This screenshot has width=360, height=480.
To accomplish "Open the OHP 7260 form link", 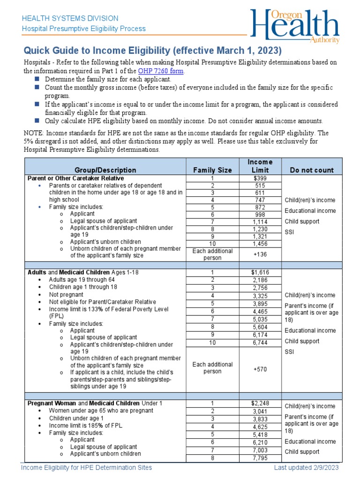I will (x=161, y=71).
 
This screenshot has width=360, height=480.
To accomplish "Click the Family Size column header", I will (x=212, y=170).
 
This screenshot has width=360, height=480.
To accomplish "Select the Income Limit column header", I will (x=260, y=166).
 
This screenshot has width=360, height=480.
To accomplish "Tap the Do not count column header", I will (x=312, y=170).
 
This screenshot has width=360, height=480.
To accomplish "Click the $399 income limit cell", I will (x=260, y=179).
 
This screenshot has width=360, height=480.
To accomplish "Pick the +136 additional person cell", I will (x=260, y=255).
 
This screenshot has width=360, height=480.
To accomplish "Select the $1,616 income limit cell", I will (x=260, y=272).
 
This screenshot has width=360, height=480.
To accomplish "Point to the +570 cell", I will (x=260, y=369).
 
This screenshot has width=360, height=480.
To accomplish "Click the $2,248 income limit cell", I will (x=260, y=403).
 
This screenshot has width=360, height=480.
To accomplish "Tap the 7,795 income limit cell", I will (x=260, y=458).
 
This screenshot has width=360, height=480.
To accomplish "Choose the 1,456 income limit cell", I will (x=260, y=244).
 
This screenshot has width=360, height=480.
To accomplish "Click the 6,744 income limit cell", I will (x=260, y=343).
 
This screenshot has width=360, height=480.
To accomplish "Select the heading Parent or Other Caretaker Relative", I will (x=75, y=179).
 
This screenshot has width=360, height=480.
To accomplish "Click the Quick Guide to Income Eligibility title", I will (x=153, y=51).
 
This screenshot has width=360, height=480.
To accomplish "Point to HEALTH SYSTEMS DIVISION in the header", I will (x=71, y=18).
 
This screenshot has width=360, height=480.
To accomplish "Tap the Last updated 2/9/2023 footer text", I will (x=306, y=468).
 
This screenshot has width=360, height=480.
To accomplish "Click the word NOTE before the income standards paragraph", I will (x=32, y=133).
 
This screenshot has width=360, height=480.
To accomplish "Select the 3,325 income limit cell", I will (x=260, y=296).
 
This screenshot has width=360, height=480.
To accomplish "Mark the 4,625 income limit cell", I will (x=260, y=427).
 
